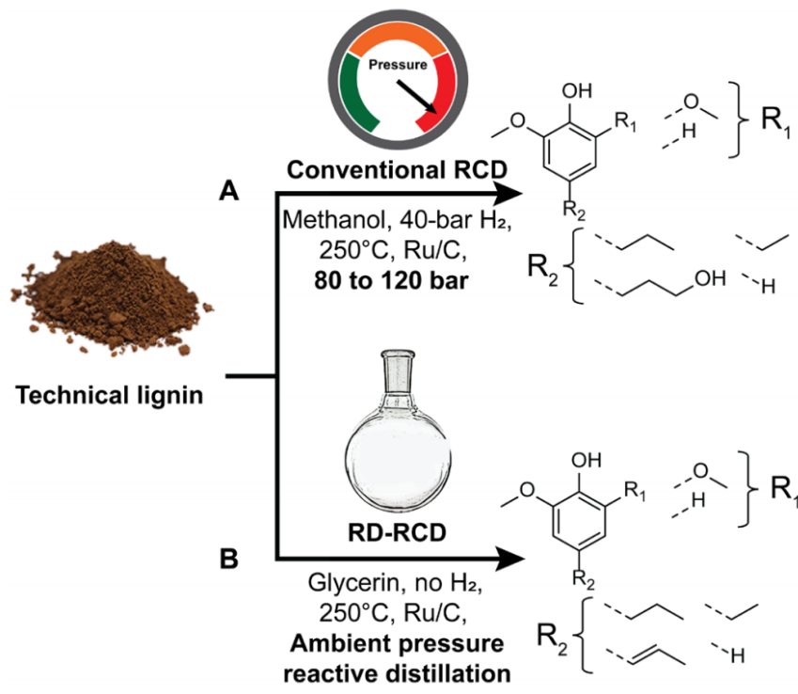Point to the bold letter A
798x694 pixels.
[x=229, y=192]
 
